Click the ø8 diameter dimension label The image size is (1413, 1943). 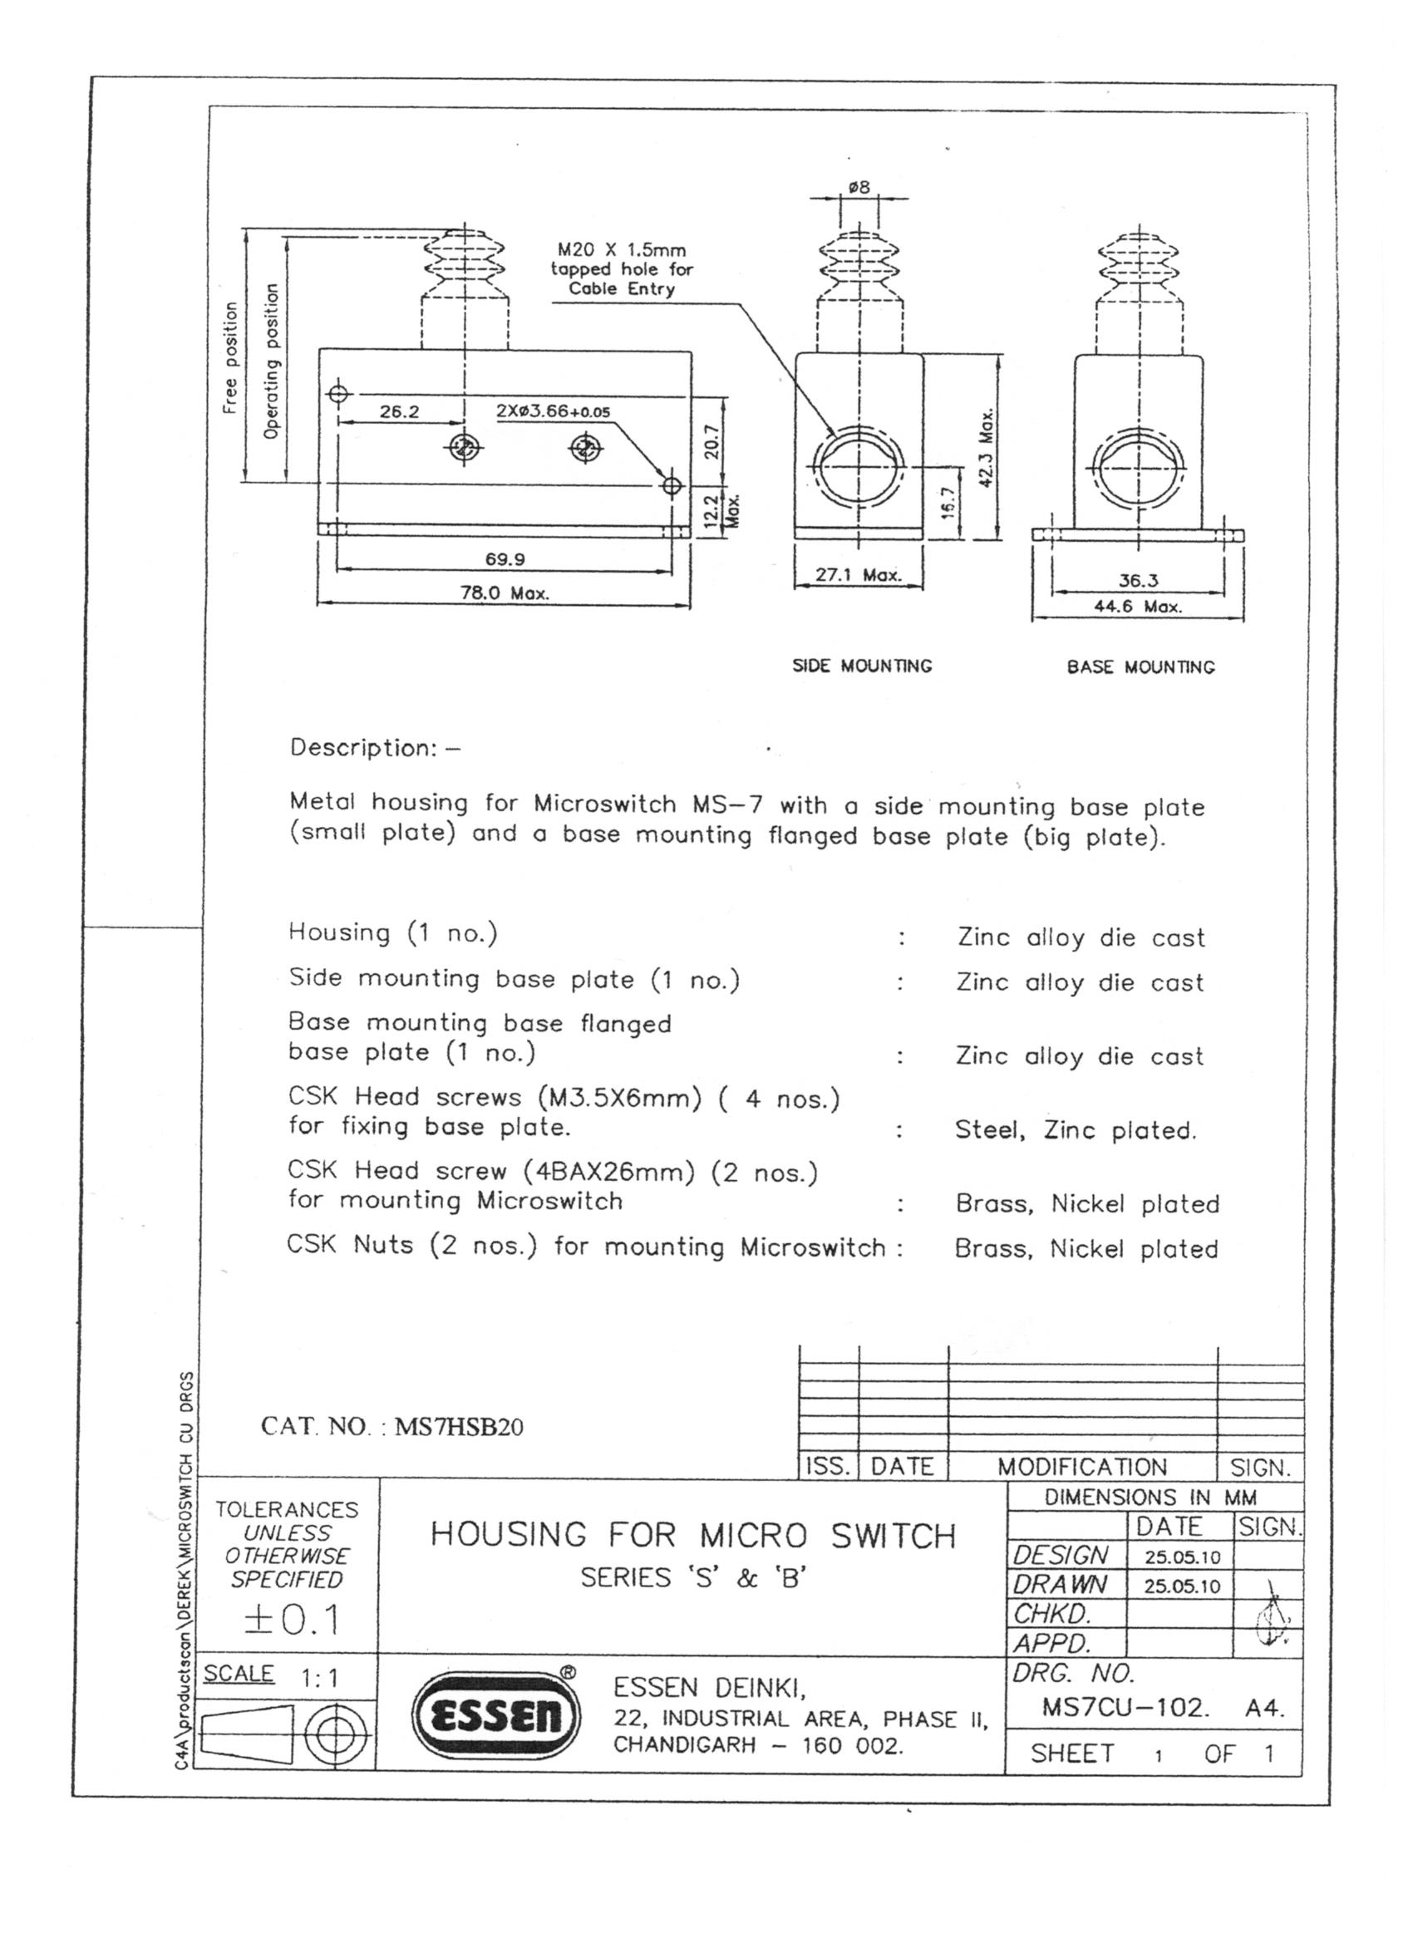pos(859,186)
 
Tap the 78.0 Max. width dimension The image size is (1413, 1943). pos(505,593)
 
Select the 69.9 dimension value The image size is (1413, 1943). pos(505,559)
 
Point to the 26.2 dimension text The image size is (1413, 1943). pos(399,411)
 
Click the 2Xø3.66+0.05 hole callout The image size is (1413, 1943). pos(553,411)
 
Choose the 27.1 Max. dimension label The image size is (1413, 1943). pos(858,575)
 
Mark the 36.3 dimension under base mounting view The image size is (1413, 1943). pos(1138,580)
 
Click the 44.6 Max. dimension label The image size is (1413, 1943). pos(1138,607)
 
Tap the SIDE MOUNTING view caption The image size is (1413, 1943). pos(861,666)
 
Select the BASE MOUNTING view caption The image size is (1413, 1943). pos(1140,667)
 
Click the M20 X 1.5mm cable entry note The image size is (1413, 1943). pos(621,269)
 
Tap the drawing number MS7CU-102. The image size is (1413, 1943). pos(1125,1708)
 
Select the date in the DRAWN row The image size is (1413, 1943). pos(1182,1586)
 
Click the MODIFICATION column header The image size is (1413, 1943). pos(1081,1467)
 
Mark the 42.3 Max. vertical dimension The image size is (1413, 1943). pos(987,447)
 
